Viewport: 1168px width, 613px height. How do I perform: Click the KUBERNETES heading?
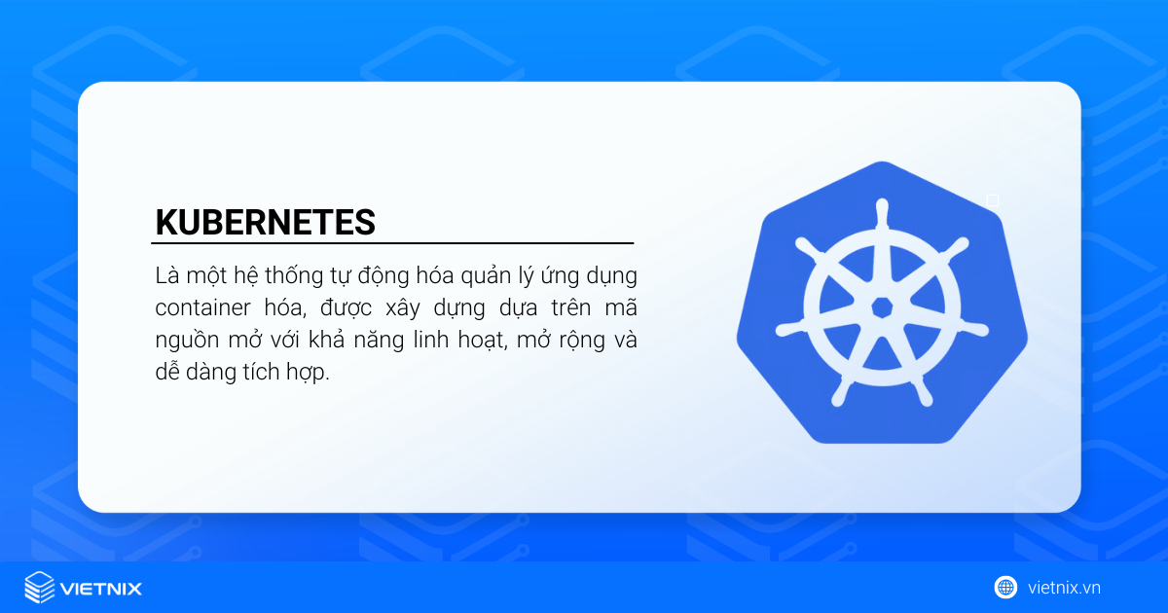point(266,222)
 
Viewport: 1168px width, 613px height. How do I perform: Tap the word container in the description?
point(202,307)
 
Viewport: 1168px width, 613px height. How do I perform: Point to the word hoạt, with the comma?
point(483,341)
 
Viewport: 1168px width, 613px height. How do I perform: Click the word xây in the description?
point(403,308)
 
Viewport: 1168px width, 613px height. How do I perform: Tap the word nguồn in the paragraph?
point(186,341)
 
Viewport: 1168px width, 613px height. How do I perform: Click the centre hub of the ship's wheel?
point(882,307)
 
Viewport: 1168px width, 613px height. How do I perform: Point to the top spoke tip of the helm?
point(882,203)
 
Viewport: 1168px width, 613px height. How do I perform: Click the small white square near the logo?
point(993,200)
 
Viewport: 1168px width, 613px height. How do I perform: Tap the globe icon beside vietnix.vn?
point(1005,588)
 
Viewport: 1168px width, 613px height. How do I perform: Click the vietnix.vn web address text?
point(1064,588)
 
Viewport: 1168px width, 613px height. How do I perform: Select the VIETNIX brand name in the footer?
point(101,589)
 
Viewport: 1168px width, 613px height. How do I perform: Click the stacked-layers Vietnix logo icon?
point(40,587)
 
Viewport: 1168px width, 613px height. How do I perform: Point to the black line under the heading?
point(392,243)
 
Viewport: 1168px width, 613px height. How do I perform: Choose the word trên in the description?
point(571,307)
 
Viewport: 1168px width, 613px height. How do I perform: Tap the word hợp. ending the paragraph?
point(308,373)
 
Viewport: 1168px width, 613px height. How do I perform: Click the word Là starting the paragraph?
point(167,274)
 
